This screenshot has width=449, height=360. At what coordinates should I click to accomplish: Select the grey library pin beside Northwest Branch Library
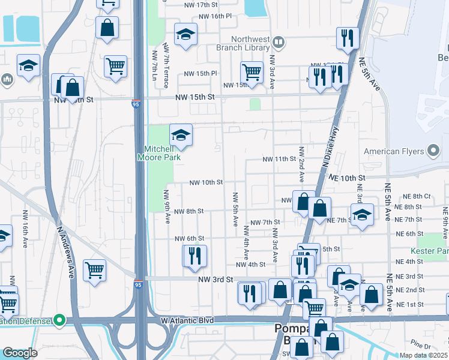(x=278, y=43)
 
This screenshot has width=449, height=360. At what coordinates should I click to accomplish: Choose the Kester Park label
(x=429, y=250)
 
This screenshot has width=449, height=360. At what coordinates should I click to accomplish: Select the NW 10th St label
(x=206, y=182)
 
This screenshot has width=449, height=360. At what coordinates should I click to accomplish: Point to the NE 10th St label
(x=347, y=178)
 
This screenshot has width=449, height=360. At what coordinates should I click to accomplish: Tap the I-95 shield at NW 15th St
(x=136, y=104)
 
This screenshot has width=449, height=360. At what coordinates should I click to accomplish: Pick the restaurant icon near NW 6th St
(x=194, y=255)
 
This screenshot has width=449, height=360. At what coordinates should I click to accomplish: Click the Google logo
(x=20, y=353)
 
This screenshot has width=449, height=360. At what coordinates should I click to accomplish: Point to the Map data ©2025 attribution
(x=423, y=355)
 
